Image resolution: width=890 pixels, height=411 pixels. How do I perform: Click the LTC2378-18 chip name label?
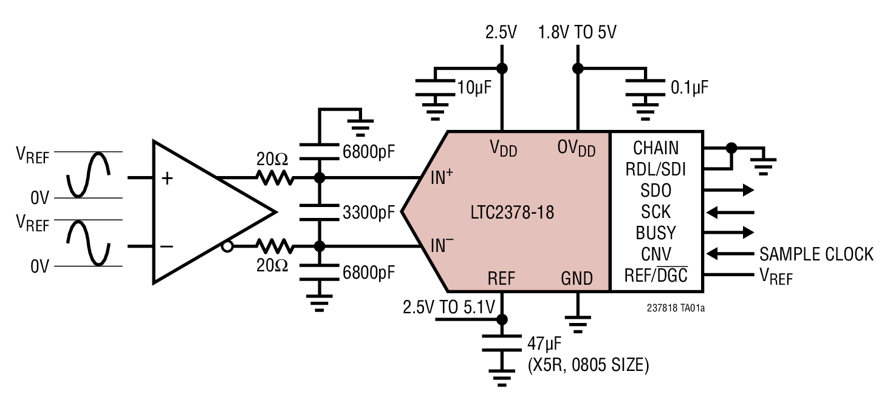pyautogui.click(x=512, y=213)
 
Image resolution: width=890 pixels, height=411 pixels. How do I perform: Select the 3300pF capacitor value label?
pyautogui.click(x=369, y=213)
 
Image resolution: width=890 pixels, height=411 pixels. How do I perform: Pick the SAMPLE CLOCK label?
pyautogui.click(x=816, y=254)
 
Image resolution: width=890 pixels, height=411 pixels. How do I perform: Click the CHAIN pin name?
pyautogui.click(x=656, y=148)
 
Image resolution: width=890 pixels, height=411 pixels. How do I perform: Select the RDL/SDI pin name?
pyautogui.click(x=656, y=169)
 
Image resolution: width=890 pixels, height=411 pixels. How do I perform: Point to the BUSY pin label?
pyautogui.click(x=656, y=233)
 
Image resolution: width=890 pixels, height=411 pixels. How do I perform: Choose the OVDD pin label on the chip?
pyautogui.click(x=577, y=149)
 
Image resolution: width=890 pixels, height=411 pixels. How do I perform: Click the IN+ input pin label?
pyautogui.click(x=442, y=178)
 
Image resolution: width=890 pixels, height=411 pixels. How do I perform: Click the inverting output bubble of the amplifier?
pyautogui.click(x=227, y=246)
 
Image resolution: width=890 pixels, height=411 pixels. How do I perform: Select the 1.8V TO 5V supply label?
pyautogui.click(x=577, y=32)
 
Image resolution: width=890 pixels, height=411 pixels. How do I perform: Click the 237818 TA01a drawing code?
pyautogui.click(x=675, y=308)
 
